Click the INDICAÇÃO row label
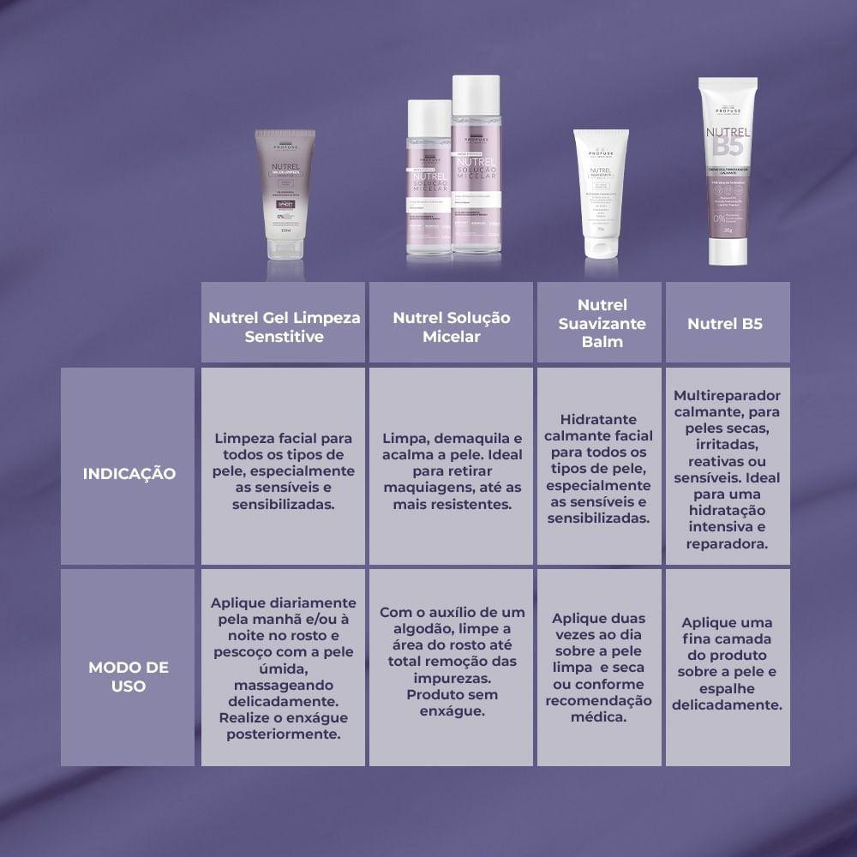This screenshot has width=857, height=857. click(x=129, y=473)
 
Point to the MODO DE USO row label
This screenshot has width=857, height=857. click(x=129, y=675)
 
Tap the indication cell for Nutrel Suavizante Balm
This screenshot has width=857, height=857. click(x=598, y=468)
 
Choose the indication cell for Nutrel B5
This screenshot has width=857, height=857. click(x=727, y=466)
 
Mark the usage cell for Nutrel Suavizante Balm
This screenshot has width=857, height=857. click(x=598, y=667)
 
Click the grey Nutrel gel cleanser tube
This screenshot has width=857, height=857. click(x=285, y=193)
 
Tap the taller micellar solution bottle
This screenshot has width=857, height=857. click(x=476, y=167)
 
